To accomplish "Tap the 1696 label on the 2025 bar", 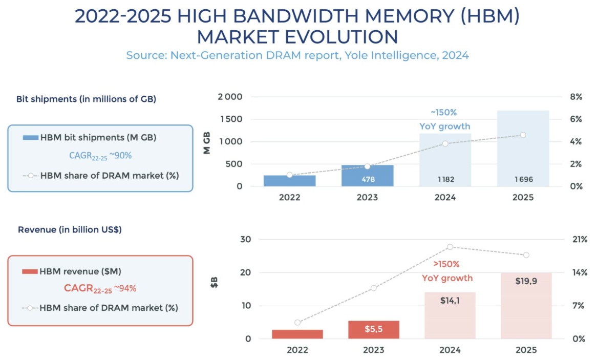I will coord(523,180).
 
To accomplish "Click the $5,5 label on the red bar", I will coord(373,329).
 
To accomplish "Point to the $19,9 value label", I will coord(526,281).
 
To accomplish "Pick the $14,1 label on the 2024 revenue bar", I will coord(450,301).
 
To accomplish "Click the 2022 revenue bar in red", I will coord(297,334).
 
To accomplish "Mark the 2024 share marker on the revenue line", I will coord(450,247).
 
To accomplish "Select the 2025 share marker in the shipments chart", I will coord(523,135).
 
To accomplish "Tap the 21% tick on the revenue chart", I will coord(580,240).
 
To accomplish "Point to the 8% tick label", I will coord(576,97).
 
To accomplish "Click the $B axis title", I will coord(215,282).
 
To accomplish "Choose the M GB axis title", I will coord(207,142).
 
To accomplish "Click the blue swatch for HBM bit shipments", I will coord(30,138).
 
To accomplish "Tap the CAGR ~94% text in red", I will coord(100,288).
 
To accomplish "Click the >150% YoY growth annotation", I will coord(447,271).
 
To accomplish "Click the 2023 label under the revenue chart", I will coord(373,350).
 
